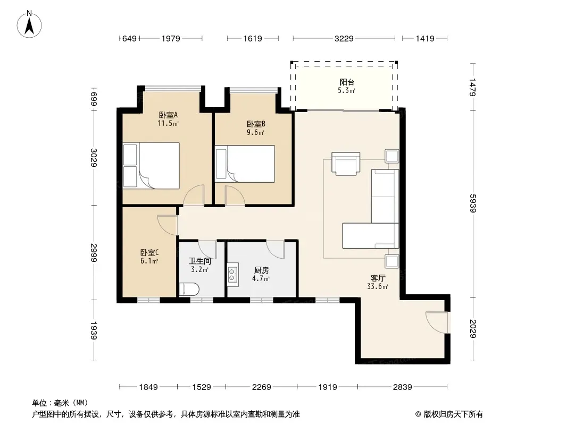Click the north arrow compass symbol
pyautogui.click(x=29, y=24)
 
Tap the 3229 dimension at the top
pyautogui.click(x=344, y=38)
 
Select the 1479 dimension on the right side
pyautogui.click(x=472, y=87)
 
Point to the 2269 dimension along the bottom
pyautogui.click(x=262, y=387)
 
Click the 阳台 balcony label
pyautogui.click(x=347, y=82)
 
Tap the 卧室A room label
pyautogui.click(x=168, y=115)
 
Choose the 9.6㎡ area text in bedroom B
pyautogui.click(x=256, y=132)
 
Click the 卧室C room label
pyautogui.click(x=149, y=253)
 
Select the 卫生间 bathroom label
pyautogui.click(x=199, y=261)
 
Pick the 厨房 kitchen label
pyautogui.click(x=262, y=270)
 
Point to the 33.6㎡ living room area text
pyautogui.click(x=378, y=287)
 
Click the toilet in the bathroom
pyautogui.click(x=189, y=290)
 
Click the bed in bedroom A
pyautogui.click(x=151, y=166)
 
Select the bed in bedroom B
pyautogui.click(x=245, y=164)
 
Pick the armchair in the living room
pyautogui.click(x=346, y=164)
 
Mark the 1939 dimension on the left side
pyautogui.click(x=94, y=330)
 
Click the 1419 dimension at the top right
pyautogui.click(x=425, y=38)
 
